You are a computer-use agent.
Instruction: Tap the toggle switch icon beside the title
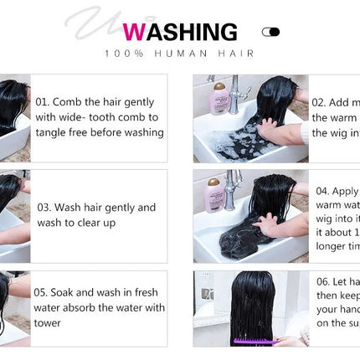[270, 32]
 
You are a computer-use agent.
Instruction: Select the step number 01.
[43, 101]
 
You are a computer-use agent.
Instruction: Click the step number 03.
[45, 208]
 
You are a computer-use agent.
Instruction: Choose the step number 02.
[319, 103]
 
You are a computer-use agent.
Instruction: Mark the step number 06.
[323, 281]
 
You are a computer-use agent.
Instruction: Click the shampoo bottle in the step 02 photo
[220, 97]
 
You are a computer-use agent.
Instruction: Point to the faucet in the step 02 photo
[235, 92]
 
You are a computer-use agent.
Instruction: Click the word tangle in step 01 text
[53, 132]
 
